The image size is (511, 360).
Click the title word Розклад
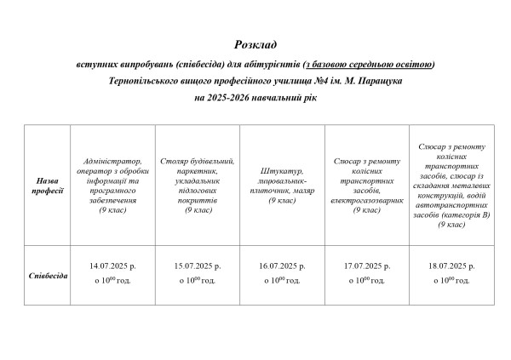click(255, 44)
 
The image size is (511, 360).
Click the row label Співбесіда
click(48, 276)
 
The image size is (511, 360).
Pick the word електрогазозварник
click(366, 201)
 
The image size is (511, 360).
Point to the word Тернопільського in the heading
click(151, 81)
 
